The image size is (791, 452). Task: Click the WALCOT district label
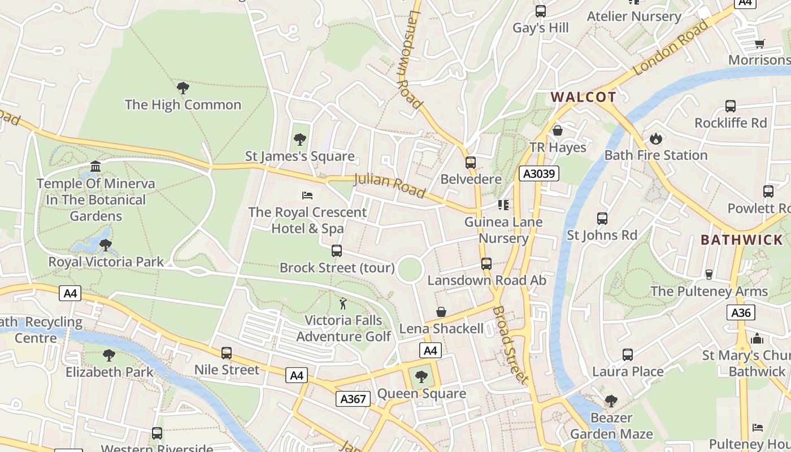584,97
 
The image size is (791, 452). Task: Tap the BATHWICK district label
742,240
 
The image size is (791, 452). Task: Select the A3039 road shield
539,173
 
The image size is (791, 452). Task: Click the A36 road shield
741,312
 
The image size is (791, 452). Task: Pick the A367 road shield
353,399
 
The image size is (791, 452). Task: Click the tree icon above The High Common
182,88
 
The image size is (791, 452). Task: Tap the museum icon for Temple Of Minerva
95,167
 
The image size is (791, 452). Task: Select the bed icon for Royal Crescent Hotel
307,195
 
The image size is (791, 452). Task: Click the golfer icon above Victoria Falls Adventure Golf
343,304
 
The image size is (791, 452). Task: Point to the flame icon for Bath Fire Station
655,138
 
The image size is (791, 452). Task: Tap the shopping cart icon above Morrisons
760,44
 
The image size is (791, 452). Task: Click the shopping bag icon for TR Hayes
558,131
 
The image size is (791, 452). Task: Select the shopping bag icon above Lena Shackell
441,312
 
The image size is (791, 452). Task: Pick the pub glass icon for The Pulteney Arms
709,275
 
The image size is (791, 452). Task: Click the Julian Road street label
389,186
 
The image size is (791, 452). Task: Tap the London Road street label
671,48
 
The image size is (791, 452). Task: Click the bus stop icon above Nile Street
227,353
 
